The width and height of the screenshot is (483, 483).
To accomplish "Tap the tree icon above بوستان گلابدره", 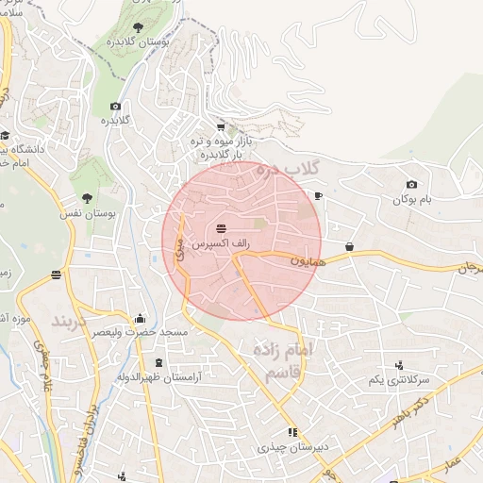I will coord(138,27).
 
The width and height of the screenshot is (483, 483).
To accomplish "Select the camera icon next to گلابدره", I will coord(115,107).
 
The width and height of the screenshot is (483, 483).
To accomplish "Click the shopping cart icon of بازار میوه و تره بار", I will coord(221,126).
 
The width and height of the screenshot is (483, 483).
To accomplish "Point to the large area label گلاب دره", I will coord(290,171).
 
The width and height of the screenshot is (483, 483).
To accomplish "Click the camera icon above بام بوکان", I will coord(411,185).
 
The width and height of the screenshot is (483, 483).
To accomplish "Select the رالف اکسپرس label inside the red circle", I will coord(221,243).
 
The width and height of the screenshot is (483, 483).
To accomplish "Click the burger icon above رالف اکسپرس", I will coord(221,228).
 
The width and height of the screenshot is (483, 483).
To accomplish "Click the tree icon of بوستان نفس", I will coord(87,198).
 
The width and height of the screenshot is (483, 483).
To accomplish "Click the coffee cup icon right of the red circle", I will coord(318,196).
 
